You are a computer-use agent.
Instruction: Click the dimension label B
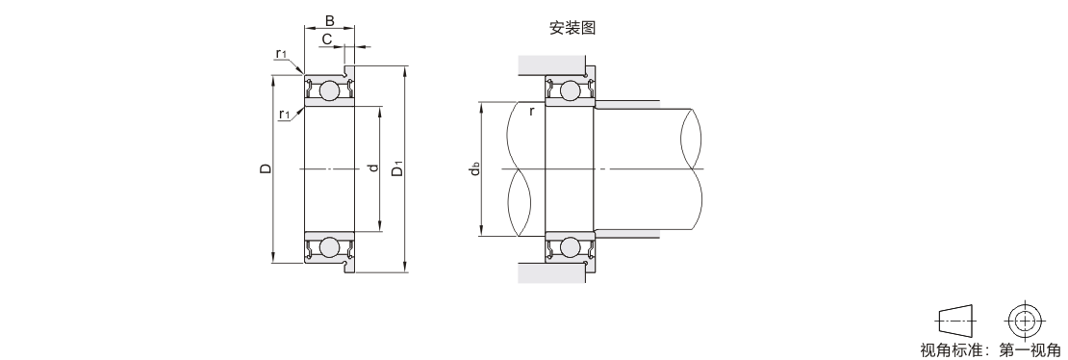tap(330, 20)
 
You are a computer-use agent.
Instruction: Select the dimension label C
tap(327, 39)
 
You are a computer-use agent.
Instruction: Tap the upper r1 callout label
tap(281, 53)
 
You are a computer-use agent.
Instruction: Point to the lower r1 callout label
tap(285, 114)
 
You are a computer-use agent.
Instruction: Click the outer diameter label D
tap(266, 168)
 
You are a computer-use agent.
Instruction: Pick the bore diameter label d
tap(372, 167)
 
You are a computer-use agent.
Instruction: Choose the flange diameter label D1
tap(397, 167)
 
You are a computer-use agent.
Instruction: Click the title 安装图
tap(572, 28)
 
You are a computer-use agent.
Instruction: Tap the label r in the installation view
tap(532, 111)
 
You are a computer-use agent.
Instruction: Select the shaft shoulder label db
tap(475, 168)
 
